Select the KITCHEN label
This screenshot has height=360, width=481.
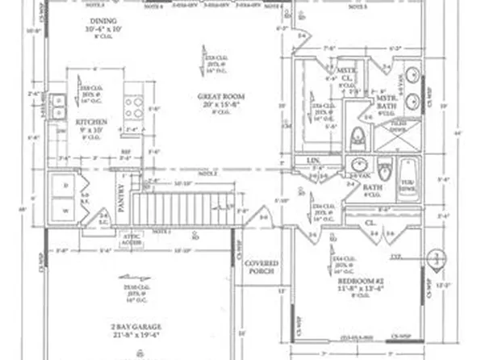point(91,122)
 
